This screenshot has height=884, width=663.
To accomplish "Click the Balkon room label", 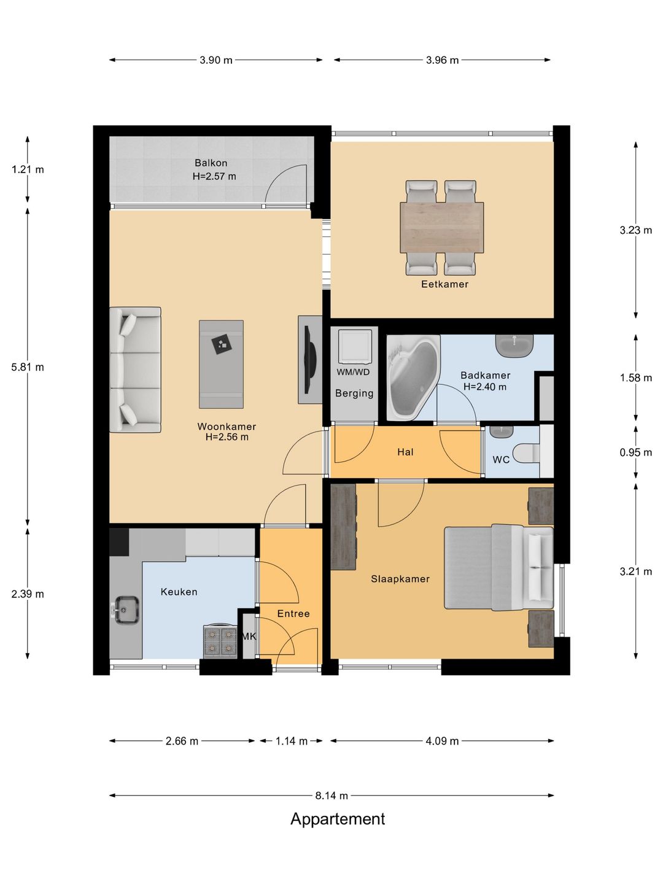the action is pos(211,163).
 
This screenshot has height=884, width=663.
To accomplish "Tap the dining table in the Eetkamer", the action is pos(441,228).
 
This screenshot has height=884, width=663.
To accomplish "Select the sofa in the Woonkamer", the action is pos(135,370).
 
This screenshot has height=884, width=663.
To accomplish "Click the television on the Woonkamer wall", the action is pos(311,360).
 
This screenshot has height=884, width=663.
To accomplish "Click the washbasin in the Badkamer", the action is pos(515,346).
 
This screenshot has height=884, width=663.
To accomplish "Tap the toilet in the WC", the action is pos(527,452).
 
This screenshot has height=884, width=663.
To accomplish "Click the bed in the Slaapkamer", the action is pos(498,567).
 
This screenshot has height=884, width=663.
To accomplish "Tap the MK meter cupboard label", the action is pos(249,637).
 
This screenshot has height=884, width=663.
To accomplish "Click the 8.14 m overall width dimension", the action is pos(331,796).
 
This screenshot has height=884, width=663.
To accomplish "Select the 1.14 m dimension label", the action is pos(292,740).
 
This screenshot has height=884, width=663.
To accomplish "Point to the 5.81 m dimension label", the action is pos(28,367).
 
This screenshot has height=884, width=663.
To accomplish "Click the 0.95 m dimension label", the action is pos(635,452).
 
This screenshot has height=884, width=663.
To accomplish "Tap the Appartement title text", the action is pos(338,819).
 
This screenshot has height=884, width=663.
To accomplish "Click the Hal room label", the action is pos(405,452).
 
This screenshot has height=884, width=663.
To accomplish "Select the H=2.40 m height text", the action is pos(485,387).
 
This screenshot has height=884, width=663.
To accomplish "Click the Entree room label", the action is pos(293,613).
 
